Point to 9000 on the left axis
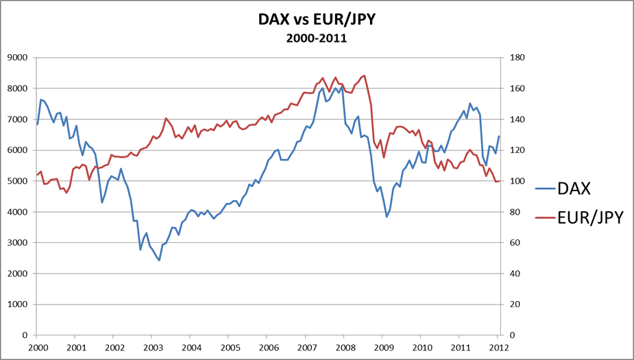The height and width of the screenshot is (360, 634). (17, 58)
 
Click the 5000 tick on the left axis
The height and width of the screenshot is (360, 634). (17, 181)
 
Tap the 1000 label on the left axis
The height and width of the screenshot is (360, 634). (17, 304)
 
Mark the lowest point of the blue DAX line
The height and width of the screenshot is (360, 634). (159, 261)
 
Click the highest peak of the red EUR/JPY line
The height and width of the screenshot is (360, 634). (364, 75)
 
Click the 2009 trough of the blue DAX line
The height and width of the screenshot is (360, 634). (387, 217)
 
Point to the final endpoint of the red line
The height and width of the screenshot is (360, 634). (499, 181)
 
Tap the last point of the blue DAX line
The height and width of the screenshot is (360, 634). (499, 136)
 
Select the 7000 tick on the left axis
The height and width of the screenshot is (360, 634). (17, 119)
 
